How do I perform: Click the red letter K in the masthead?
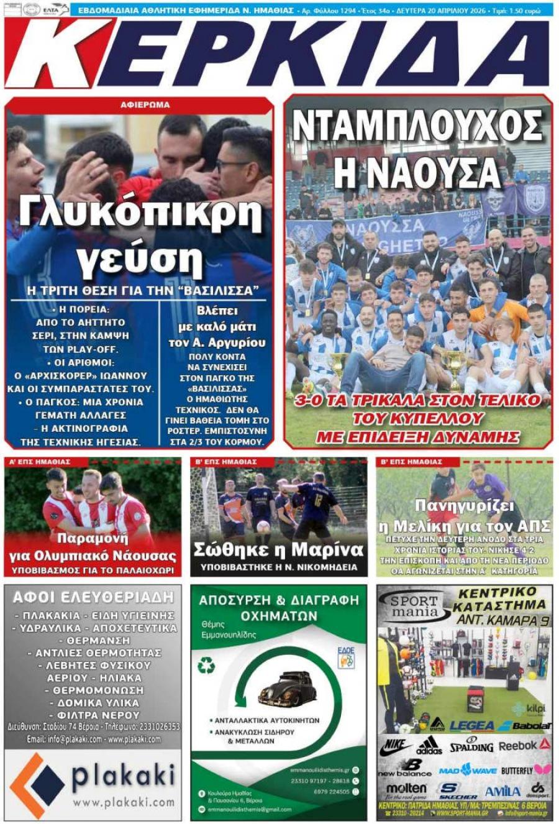pyautogui.click(x=59, y=53)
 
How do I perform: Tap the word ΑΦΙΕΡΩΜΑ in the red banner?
pyautogui.click(x=145, y=105)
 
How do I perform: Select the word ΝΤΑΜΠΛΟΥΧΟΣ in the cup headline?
pyautogui.click(x=417, y=126)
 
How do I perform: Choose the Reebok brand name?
pyautogui.click(x=517, y=745)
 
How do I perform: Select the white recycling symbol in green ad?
pyautogui.click(x=206, y=666)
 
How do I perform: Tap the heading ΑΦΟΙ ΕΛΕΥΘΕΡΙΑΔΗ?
pyautogui.click(x=93, y=598)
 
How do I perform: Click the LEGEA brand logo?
pyautogui.click(x=472, y=726)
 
